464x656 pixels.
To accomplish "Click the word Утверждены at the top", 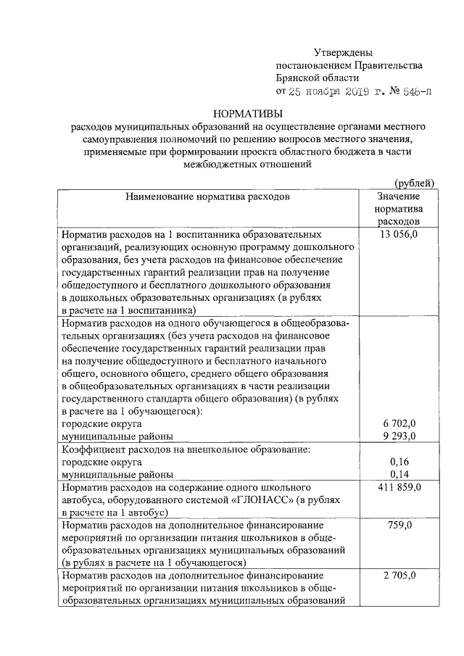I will click(343, 53).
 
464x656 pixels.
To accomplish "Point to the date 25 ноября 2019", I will click(330, 92).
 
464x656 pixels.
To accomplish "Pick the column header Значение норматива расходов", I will click(398, 208).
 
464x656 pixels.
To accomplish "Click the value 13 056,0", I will click(398, 236).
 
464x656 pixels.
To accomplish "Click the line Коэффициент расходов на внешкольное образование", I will click(186, 449).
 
